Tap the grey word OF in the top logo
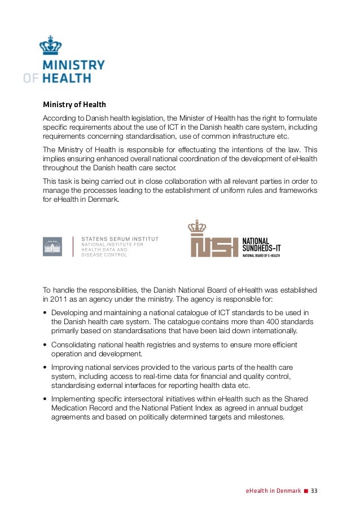click(32, 78)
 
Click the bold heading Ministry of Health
click(74, 105)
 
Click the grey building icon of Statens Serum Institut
click(52, 246)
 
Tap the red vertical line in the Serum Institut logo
click(73, 246)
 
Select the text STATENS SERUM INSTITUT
click(120, 238)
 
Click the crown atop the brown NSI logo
click(197, 227)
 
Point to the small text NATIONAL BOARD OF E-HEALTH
click(261, 256)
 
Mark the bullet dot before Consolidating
click(45, 345)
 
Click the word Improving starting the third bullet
click(68, 367)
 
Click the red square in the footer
click(306, 491)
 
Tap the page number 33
click(315, 491)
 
